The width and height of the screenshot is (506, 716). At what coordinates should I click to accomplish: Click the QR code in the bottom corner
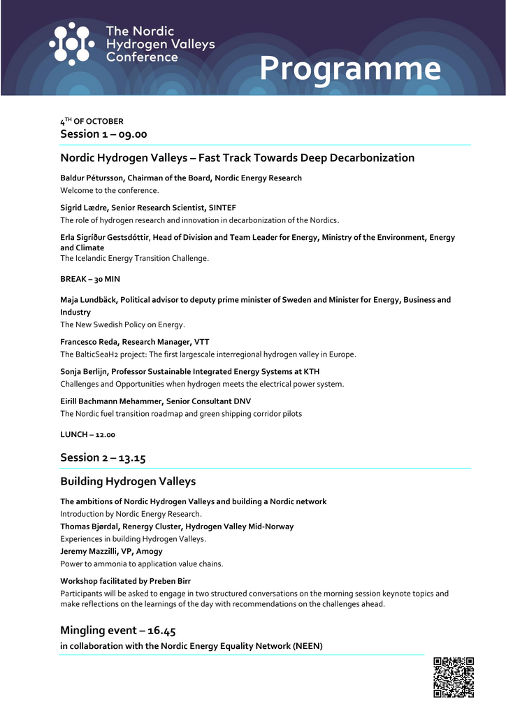[x=454, y=677]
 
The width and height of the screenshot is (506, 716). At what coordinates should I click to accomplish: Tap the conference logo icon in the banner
[x=71, y=44]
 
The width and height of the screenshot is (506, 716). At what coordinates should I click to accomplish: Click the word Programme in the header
[x=350, y=69]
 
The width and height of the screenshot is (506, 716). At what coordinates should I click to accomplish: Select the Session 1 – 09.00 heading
[x=103, y=134]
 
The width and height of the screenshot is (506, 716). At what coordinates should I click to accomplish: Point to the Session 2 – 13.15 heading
[x=103, y=457]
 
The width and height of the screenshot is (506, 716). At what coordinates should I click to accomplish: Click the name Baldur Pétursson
[x=92, y=178]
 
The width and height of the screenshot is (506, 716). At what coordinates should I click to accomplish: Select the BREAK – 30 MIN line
[x=90, y=279]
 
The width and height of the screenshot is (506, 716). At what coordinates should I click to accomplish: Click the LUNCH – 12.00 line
[x=88, y=434]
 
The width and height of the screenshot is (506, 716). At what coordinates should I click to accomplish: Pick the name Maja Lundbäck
[x=89, y=300]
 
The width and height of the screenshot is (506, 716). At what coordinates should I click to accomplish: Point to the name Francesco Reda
[x=89, y=342]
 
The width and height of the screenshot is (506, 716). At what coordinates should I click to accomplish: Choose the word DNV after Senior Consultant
[x=243, y=401]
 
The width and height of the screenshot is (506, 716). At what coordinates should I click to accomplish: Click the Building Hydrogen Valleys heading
[x=128, y=481]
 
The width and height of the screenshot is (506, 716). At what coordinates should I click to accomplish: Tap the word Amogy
[x=149, y=552]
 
